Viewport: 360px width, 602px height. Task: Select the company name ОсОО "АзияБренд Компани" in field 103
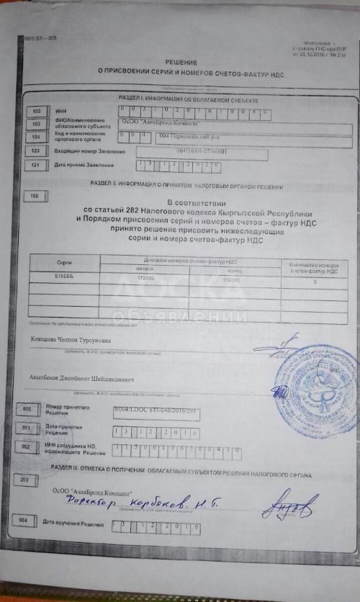point(152,123)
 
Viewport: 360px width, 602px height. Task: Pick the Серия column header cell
point(65,263)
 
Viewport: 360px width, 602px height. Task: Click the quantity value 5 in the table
point(312,281)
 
